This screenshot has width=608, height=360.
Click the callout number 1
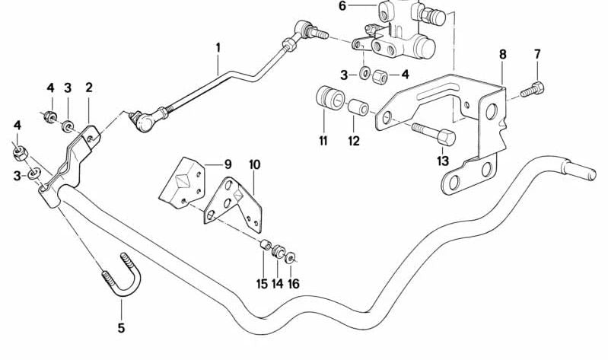point(218,48)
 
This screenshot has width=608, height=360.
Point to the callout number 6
point(342,7)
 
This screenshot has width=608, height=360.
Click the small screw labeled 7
point(533,90)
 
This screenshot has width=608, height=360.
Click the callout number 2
point(88,88)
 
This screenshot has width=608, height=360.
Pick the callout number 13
point(442,161)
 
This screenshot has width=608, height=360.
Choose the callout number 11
point(323,141)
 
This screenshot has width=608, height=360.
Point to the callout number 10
point(254,164)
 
